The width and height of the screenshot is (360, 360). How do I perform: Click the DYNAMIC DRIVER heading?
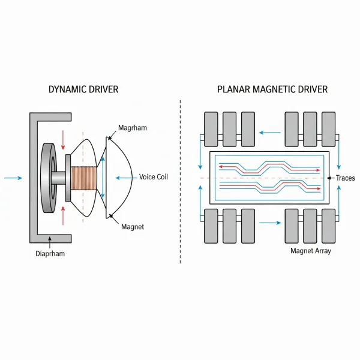click(x=83, y=89)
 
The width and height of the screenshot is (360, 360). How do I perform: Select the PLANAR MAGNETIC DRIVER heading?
click(x=272, y=89)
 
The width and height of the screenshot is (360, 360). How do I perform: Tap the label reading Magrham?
click(x=133, y=128)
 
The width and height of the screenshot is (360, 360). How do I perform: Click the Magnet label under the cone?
click(x=133, y=226)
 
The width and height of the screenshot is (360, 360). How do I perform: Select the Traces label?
click(x=346, y=178)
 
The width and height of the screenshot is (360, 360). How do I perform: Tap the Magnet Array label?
click(x=310, y=251)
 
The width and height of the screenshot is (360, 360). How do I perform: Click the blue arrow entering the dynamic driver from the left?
click(x=13, y=178)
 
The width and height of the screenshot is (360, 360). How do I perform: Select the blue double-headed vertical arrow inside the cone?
click(x=102, y=178)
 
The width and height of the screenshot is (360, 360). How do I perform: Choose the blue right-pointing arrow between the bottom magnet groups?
click(x=271, y=223)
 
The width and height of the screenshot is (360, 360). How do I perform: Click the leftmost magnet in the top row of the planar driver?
click(x=211, y=129)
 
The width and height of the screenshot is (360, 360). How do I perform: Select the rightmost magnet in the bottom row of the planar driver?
click(x=328, y=226)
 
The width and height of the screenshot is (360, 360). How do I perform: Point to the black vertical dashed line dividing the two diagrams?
click(x=180, y=180)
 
